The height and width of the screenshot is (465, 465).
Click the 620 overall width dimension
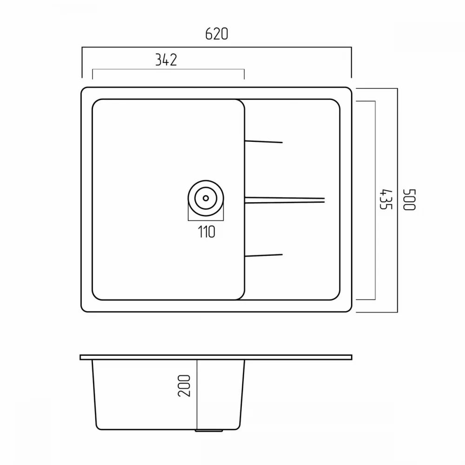(x=217, y=34)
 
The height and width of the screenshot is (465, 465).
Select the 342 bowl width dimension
(x=166, y=60)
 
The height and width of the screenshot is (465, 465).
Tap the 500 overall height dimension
(x=410, y=199)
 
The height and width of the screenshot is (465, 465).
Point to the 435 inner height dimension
(x=386, y=199)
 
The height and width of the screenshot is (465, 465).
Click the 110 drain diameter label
(x=206, y=232)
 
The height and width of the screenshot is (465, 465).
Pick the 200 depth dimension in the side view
(x=184, y=385)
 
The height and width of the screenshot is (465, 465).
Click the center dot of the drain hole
(x=206, y=198)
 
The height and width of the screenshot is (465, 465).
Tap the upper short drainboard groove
(x=264, y=142)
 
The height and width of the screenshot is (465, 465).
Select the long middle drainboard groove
(x=285, y=200)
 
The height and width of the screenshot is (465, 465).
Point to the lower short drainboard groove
(x=264, y=255)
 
